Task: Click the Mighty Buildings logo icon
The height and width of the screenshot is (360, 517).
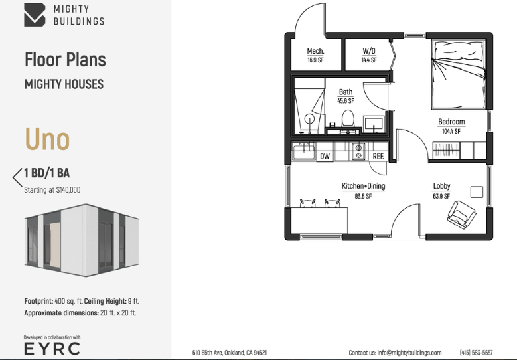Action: (x=35, y=15)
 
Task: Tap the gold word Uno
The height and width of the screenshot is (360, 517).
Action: (x=48, y=139)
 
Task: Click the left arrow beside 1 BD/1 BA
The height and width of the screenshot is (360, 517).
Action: (x=17, y=177)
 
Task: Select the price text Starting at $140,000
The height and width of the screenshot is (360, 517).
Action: (x=52, y=190)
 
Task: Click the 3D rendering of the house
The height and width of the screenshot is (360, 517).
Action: (x=82, y=240)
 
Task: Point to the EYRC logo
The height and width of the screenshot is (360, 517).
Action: (x=52, y=349)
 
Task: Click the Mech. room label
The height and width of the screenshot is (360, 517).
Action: (x=315, y=51)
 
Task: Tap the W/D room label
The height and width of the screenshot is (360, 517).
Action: (x=369, y=51)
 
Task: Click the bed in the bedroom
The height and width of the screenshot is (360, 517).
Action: (x=459, y=74)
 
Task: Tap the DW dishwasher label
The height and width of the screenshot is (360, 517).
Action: (x=325, y=156)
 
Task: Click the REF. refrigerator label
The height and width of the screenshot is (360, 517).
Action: (x=378, y=156)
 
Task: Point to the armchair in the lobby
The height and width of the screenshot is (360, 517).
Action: (x=461, y=215)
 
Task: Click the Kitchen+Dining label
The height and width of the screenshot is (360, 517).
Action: (x=363, y=186)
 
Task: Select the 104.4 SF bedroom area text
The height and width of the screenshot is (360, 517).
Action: (x=451, y=131)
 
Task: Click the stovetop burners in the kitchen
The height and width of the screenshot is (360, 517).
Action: (x=358, y=151)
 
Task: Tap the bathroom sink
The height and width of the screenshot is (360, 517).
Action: (x=374, y=124)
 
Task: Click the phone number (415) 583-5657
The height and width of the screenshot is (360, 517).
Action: (x=476, y=353)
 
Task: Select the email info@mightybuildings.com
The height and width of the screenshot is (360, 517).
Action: (x=409, y=353)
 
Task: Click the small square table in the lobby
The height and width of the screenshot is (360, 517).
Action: (x=477, y=192)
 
